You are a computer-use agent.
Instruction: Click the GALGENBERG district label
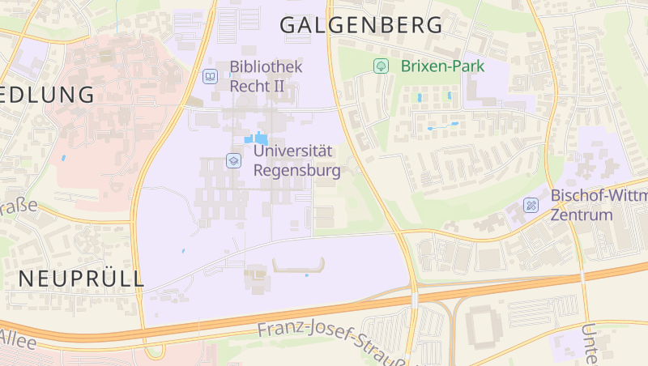(x=361, y=25)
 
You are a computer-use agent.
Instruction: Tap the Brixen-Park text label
(x=442, y=66)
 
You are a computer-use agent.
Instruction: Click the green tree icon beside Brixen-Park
(x=379, y=66)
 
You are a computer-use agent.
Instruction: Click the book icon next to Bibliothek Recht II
(x=210, y=77)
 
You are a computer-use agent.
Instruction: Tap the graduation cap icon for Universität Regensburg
(x=233, y=160)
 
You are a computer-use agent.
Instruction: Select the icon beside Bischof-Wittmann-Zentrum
(x=531, y=206)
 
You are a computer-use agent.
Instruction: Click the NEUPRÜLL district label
(x=81, y=279)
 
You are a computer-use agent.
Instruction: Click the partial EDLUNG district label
(x=47, y=94)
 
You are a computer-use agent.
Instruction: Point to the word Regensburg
(x=296, y=171)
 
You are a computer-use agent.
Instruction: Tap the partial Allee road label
(x=18, y=338)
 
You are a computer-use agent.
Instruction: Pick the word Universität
(x=293, y=151)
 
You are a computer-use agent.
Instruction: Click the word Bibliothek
(x=266, y=66)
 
